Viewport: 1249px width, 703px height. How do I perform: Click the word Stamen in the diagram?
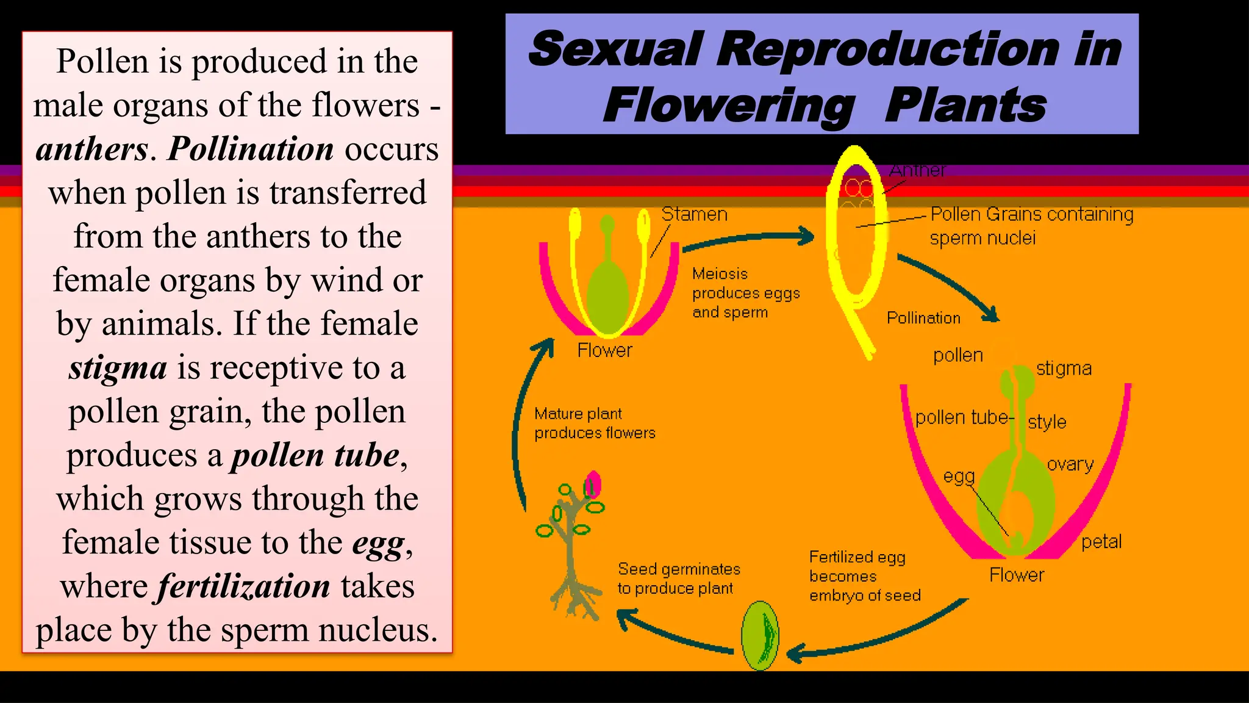tap(694, 214)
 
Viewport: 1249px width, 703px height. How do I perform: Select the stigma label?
tap(1064, 369)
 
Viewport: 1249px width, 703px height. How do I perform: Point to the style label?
tap(1047, 422)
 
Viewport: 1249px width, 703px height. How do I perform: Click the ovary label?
tap(1070, 464)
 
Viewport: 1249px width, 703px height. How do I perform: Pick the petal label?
tap(1101, 542)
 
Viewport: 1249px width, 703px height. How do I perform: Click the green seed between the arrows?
tap(760, 635)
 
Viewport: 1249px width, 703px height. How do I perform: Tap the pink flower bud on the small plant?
tap(593, 485)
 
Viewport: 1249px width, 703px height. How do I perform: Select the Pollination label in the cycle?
tap(923, 318)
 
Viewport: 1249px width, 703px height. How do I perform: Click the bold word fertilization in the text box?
tap(244, 586)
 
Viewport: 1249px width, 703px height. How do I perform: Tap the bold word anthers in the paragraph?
tap(91, 149)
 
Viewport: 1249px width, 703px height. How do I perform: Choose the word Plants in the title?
tap(965, 105)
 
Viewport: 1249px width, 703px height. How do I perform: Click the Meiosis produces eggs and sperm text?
tap(745, 293)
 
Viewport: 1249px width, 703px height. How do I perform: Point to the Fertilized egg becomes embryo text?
tap(864, 576)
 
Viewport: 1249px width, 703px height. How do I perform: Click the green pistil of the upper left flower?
tap(607, 293)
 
